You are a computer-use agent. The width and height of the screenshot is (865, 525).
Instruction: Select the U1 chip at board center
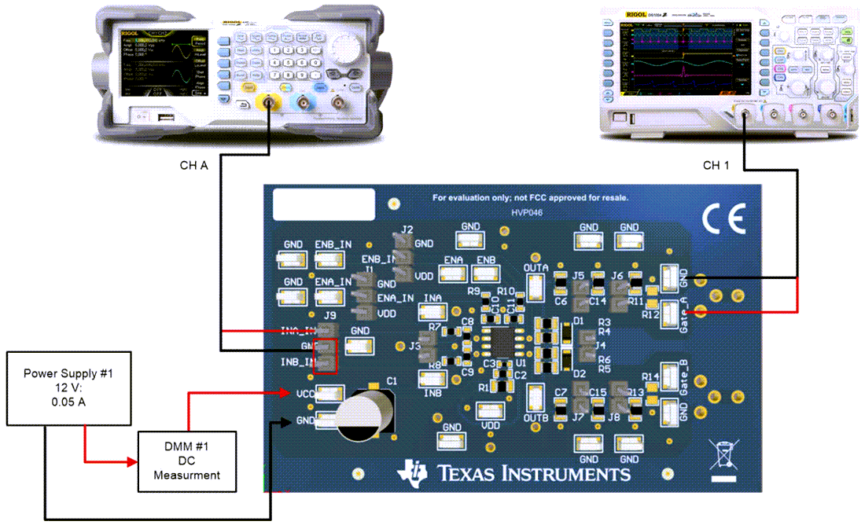pos(501,343)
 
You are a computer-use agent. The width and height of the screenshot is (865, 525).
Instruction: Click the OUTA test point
pos(536,288)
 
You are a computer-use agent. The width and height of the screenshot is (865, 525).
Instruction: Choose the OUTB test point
pos(536,395)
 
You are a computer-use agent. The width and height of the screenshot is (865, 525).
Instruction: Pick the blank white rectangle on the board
pos(323,204)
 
